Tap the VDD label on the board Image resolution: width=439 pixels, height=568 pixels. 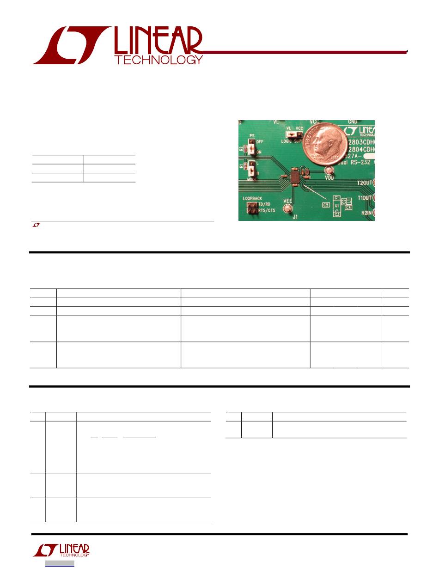coord(330,177)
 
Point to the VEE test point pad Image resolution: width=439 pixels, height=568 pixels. coord(288,209)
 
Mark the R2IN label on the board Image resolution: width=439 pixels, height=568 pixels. coord(367,213)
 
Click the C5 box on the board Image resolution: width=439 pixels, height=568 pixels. coord(326,204)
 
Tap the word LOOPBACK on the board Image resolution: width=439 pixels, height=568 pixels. coord(252,198)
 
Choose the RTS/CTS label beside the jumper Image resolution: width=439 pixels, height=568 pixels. coord(268,210)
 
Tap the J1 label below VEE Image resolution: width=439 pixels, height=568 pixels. coord(295,216)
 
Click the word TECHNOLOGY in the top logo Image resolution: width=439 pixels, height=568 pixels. coord(159,60)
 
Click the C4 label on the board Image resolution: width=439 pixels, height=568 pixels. coord(348,208)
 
